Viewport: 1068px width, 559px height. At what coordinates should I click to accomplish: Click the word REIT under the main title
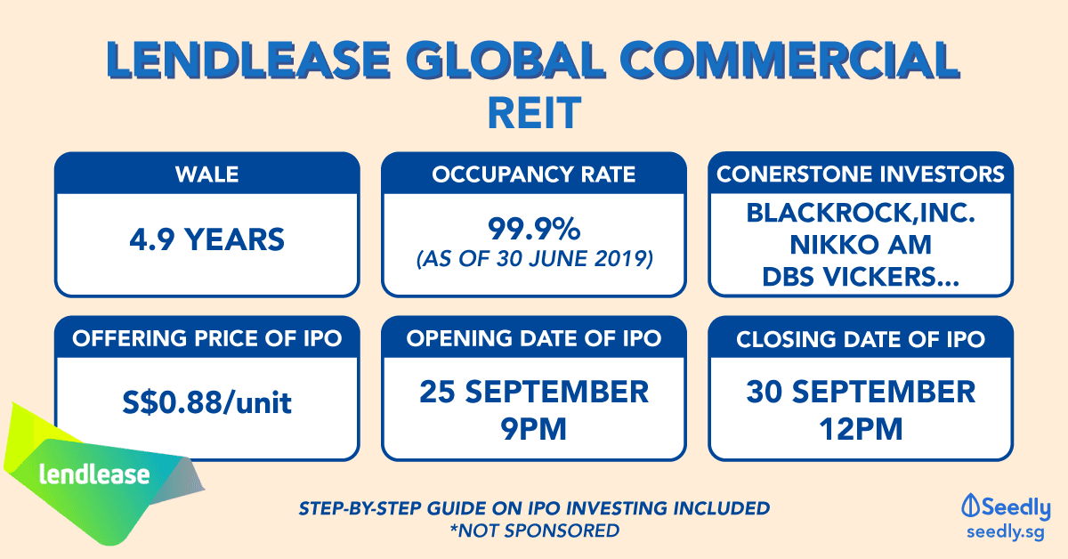[x=534, y=113]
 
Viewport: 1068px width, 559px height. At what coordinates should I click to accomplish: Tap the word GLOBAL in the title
[x=506, y=61]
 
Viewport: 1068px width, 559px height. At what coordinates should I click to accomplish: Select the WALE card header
[x=206, y=174]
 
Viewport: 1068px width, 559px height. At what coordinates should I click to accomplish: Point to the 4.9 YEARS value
[x=206, y=239]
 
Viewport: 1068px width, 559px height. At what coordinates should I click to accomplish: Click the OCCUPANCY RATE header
[x=533, y=174]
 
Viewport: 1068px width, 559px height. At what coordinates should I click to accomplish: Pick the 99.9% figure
[x=534, y=229]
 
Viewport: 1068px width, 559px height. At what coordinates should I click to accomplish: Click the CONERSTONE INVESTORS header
[x=861, y=174]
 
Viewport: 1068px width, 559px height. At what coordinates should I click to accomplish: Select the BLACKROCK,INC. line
[x=861, y=213]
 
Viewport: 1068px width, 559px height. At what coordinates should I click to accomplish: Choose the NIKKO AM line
[x=861, y=245]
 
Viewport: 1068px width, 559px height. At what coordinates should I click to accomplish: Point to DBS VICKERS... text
[x=861, y=277]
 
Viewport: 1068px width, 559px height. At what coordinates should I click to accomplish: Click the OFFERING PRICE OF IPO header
[x=206, y=338]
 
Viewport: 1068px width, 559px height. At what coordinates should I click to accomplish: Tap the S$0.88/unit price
[x=206, y=402]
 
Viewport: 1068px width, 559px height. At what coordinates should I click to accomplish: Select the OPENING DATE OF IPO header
[x=534, y=338]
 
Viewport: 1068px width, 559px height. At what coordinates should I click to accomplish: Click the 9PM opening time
[x=533, y=429]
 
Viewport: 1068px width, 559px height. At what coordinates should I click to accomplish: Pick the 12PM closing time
[x=861, y=429]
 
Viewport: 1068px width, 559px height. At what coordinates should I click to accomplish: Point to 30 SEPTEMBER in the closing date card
[x=861, y=392]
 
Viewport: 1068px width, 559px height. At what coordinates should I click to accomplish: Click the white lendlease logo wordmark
[x=94, y=474]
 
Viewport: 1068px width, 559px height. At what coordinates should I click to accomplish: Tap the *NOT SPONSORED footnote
[x=535, y=531]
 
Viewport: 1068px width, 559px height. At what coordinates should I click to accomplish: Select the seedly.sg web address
[x=1006, y=531]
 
